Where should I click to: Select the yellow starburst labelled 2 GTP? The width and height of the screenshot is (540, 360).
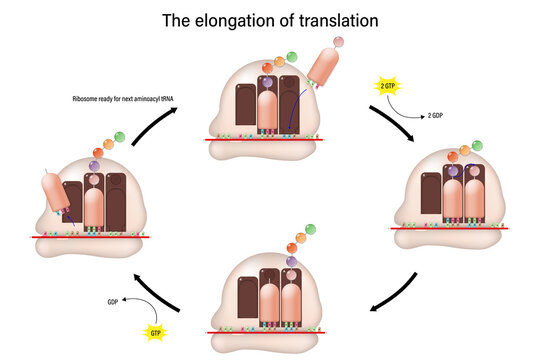386,88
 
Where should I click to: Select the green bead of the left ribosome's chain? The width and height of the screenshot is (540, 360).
120,134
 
